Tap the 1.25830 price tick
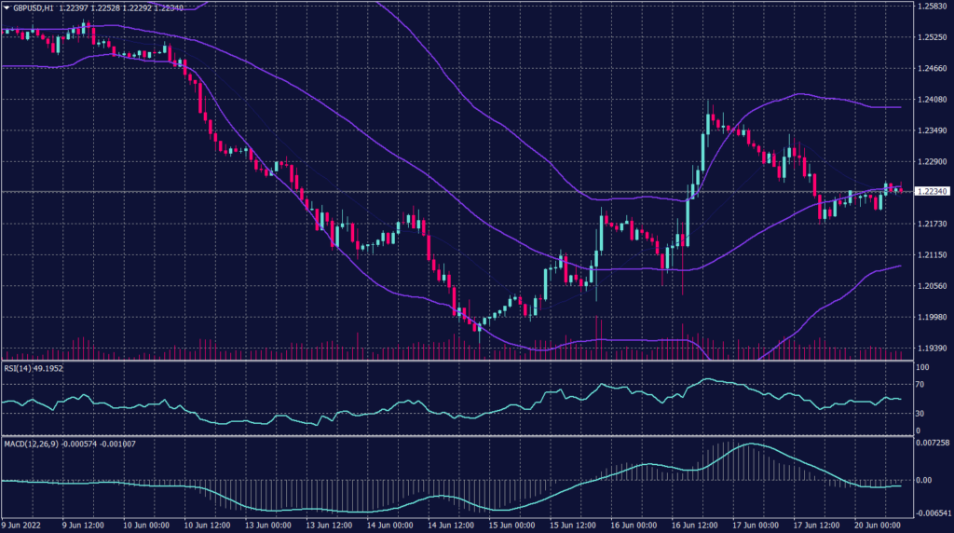pyautogui.click(x=932, y=7)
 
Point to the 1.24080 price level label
pyautogui.click(x=932, y=100)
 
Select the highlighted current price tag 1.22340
pyautogui.click(x=932, y=192)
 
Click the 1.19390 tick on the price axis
pyautogui.click(x=932, y=348)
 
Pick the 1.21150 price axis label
pyautogui.click(x=932, y=254)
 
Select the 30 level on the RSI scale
pyautogui.click(x=921, y=414)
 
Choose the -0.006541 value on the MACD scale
pyautogui.click(x=932, y=512)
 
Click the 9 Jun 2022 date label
pyautogui.click(x=22, y=525)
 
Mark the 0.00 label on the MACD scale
pyautogui.click(x=924, y=481)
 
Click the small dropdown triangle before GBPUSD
pyautogui.click(x=6, y=7)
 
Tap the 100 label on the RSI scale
pyautogui.click(x=923, y=368)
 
